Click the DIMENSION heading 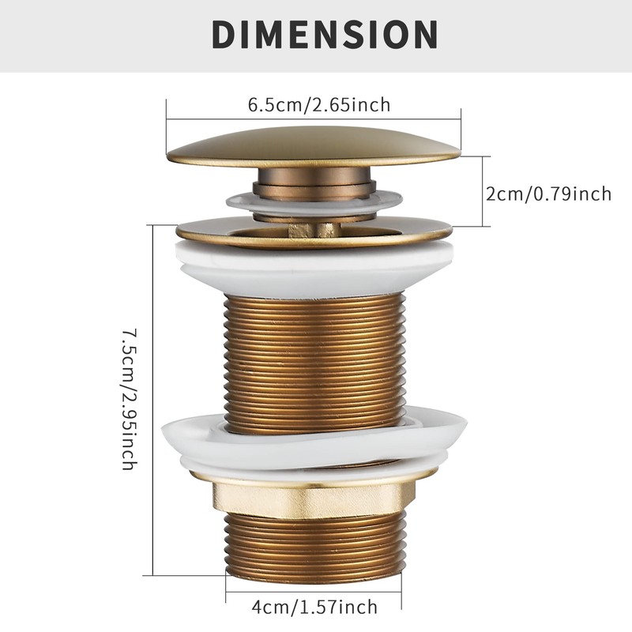pos(324,35)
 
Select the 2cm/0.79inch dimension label pos(548,193)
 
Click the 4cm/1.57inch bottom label pos(316,607)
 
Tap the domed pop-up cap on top pos(313,148)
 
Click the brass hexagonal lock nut pos(314,496)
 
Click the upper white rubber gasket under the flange pos(314,269)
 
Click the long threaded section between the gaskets pos(314,355)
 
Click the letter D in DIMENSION pos(225,35)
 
